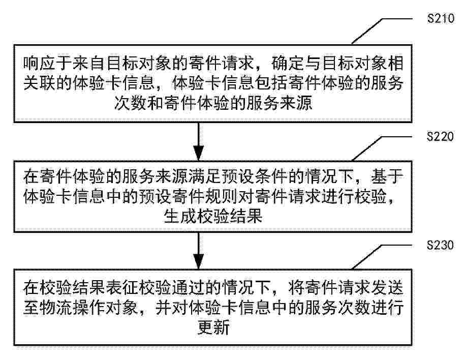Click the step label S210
click(441, 18)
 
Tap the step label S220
click(441, 136)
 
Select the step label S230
click(441, 245)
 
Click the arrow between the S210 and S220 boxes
click(199, 141)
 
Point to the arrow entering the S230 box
click(199, 251)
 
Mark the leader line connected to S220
click(382, 148)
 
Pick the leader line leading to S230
click(382, 257)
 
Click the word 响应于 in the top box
click(48, 63)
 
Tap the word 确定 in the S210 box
click(287, 63)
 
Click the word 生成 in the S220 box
click(180, 217)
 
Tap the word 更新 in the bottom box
click(213, 327)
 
